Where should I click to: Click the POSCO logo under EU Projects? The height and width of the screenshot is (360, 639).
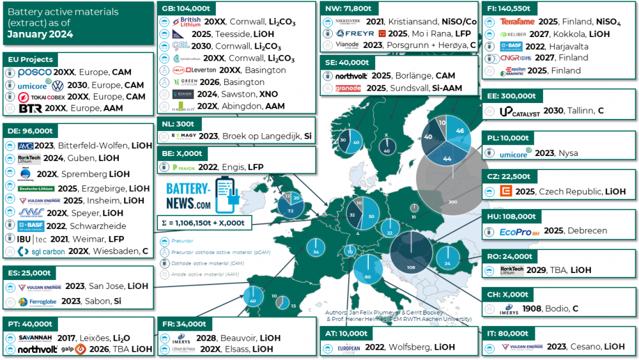point(35,72)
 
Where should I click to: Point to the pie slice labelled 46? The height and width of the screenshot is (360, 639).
point(459,130)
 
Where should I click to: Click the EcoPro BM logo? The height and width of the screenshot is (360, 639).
point(519,231)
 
